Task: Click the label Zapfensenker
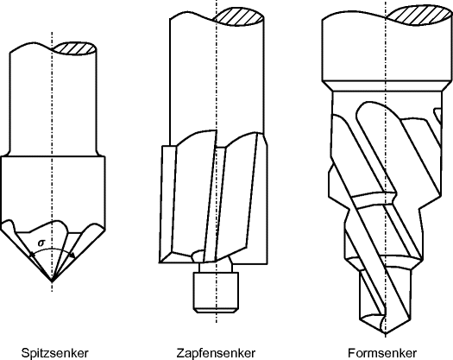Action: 215,352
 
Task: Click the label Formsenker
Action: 386,352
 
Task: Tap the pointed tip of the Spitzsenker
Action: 52,281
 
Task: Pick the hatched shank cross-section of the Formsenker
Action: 412,15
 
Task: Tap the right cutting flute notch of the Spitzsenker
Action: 84,231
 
